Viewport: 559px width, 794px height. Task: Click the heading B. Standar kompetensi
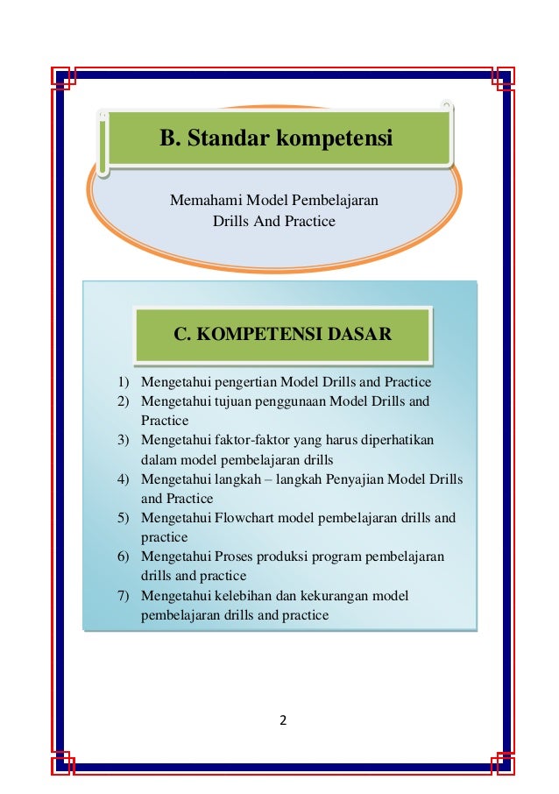[x=275, y=138]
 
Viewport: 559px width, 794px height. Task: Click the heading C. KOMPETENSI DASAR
[x=282, y=334]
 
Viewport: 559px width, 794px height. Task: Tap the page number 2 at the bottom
[x=282, y=721]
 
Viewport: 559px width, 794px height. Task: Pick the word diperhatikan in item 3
[x=394, y=440]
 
